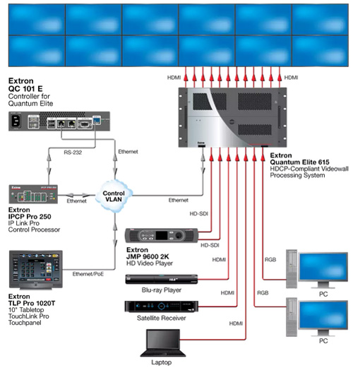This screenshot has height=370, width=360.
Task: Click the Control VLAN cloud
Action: pos(114,196)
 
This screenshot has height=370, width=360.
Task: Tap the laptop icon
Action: pos(163,343)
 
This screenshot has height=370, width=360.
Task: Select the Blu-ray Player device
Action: pos(162,279)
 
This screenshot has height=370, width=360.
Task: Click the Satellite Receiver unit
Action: pos(162,306)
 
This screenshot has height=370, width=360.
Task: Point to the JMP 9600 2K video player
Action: pos(162,235)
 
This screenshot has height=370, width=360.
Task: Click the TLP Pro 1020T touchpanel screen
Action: pos(36,268)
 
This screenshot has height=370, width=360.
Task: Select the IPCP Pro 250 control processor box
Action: pos(33,194)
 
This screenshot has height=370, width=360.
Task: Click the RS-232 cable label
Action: pos(73,153)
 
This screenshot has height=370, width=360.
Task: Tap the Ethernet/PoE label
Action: pos(88,274)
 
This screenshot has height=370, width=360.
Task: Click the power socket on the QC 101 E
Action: pos(16,121)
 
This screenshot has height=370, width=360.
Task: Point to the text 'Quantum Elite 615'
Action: pos(299,162)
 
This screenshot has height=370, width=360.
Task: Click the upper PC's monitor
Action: pos(323,267)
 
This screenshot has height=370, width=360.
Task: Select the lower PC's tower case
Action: pos(292,317)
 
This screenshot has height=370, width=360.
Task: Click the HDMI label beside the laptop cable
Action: pos(236,323)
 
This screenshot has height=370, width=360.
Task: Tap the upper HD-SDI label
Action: pos(199,214)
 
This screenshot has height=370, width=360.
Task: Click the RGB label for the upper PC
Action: pos(270,260)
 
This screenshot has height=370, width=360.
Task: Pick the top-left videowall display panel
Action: pos(37,20)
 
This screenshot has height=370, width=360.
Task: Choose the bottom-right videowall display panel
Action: pos(320,51)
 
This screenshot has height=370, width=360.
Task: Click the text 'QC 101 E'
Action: pos(25,89)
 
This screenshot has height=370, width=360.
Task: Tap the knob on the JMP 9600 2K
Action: pos(179,235)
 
